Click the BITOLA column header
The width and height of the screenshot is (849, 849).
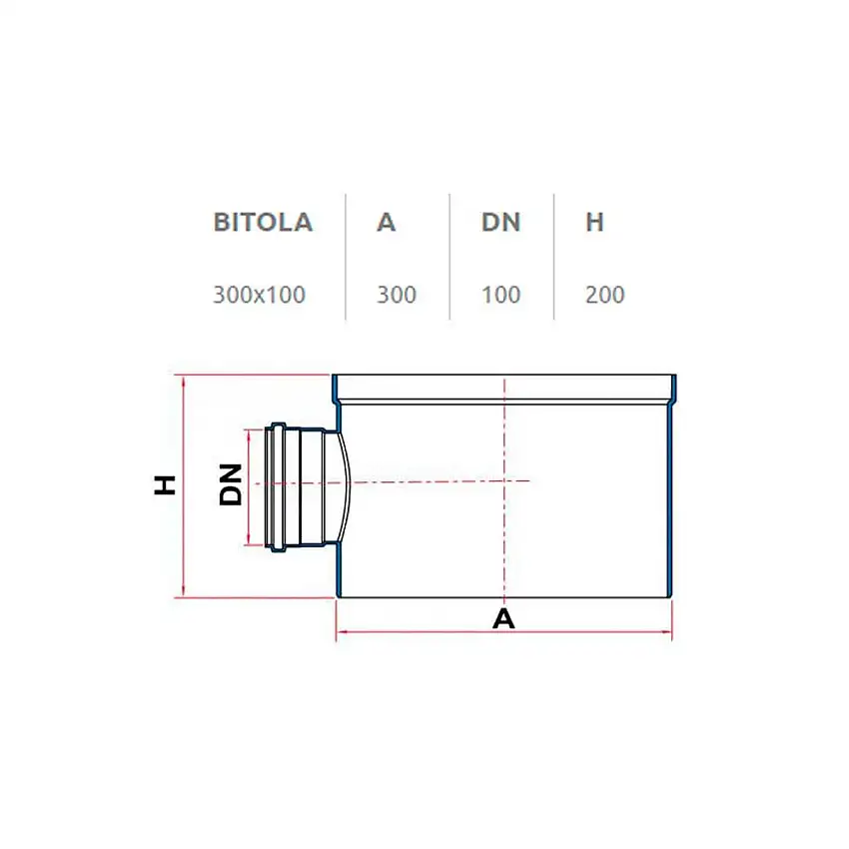tap(263, 222)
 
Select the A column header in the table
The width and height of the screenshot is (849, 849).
tap(387, 222)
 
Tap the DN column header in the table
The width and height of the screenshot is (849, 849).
tap(500, 222)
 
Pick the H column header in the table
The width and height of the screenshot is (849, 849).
tap(594, 222)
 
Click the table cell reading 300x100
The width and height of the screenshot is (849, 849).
tap(259, 295)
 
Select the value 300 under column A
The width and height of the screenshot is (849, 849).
tap(396, 295)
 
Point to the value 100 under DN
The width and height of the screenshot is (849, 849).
tap(500, 295)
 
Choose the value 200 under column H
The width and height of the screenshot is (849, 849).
tap(604, 295)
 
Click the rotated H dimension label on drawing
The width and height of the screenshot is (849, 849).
tap(166, 484)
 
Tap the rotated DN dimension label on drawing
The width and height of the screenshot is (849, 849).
tap(232, 484)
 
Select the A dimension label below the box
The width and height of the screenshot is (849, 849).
tap(503, 619)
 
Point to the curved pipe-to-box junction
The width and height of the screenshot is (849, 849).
tap(343, 484)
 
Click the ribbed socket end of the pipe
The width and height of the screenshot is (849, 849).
tap(277, 486)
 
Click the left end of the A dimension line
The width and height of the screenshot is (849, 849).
tap(337, 632)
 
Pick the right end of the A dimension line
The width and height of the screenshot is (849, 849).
tap(671, 632)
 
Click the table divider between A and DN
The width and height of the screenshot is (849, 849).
tap(449, 257)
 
